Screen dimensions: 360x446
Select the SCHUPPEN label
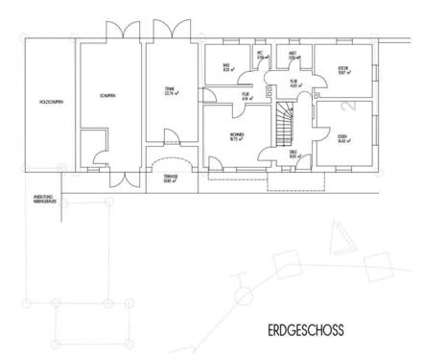[x=106, y=95]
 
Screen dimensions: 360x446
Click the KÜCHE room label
[x=340, y=68]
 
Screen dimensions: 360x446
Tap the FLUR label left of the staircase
[x=246, y=96]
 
